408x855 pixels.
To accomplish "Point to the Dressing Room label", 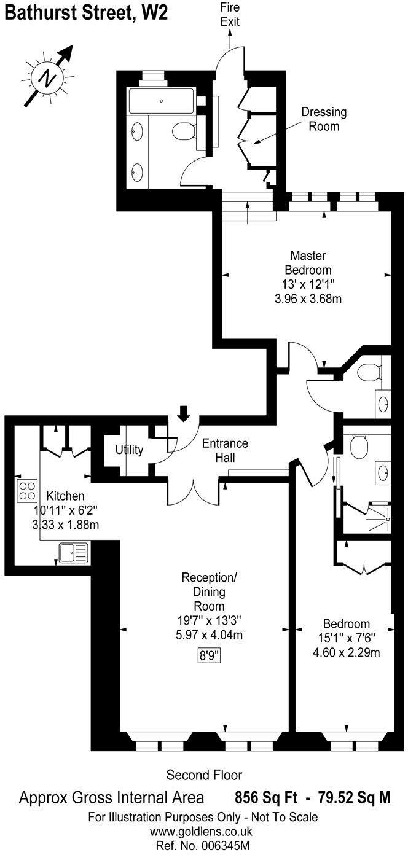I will point(323,119).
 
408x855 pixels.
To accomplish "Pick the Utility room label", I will point(129,450).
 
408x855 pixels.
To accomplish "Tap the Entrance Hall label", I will point(226,450).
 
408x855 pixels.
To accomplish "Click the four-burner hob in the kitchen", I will point(27,491).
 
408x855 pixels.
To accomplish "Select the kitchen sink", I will point(74,553).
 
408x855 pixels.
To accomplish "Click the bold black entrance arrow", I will point(183,413).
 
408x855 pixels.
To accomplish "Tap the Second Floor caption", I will point(204,775).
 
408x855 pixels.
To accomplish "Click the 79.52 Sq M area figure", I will point(355,798).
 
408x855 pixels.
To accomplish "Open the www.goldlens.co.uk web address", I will point(203,832).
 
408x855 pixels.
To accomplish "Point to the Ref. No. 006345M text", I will point(203,846).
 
